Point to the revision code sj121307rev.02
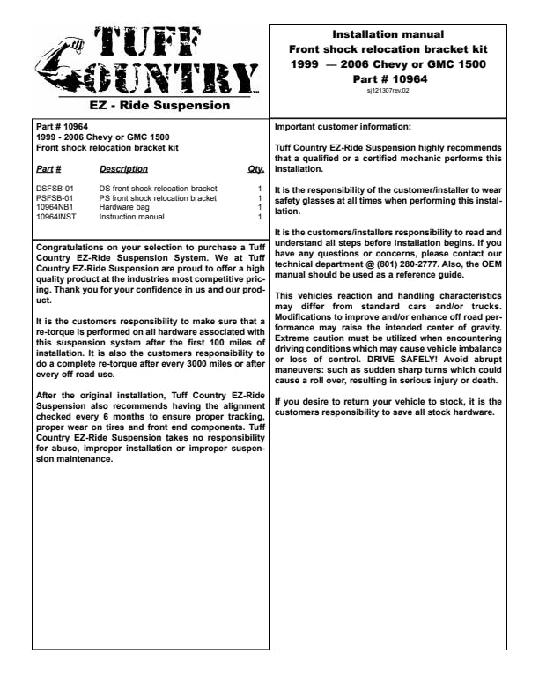click(x=388, y=90)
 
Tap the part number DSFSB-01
click(x=55, y=189)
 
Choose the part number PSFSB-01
click(x=55, y=198)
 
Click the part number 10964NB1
click(x=55, y=207)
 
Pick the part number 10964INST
click(x=55, y=216)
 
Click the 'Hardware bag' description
click(x=122, y=207)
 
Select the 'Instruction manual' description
click(x=131, y=216)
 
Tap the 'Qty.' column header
click(x=256, y=168)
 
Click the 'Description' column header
click(x=123, y=168)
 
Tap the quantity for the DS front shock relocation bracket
click(x=260, y=189)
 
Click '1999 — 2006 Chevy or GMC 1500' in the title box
click(x=388, y=64)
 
